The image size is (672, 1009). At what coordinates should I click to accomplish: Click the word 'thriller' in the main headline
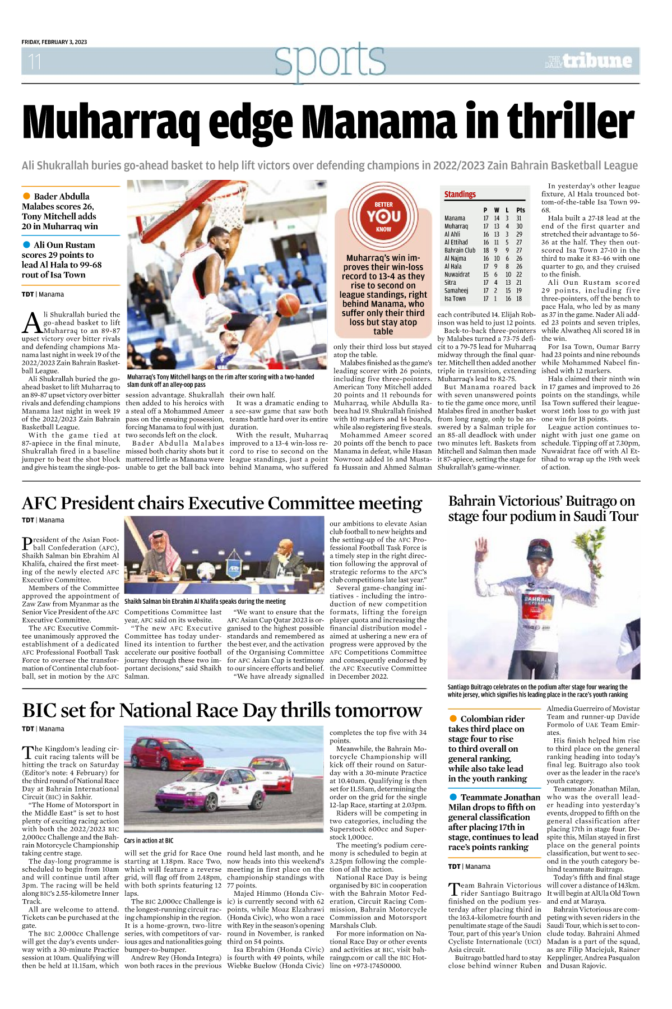click(570, 122)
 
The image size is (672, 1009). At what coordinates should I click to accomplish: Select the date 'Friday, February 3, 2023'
click(54, 42)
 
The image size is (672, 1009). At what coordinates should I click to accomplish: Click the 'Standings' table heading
click(460, 195)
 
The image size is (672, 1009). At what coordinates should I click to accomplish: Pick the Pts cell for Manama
click(519, 219)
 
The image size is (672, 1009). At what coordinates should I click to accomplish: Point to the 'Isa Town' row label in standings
click(455, 299)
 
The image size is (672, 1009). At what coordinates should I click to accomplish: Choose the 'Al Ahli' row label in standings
click(452, 234)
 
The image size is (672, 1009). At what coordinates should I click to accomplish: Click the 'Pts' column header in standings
click(521, 210)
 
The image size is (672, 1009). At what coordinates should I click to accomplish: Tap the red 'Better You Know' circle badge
click(383, 216)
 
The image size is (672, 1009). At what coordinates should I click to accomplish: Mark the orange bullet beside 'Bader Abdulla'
click(26, 196)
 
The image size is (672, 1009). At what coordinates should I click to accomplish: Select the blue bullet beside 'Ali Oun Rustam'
click(26, 245)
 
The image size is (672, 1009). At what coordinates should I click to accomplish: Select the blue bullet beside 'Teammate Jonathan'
click(453, 797)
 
